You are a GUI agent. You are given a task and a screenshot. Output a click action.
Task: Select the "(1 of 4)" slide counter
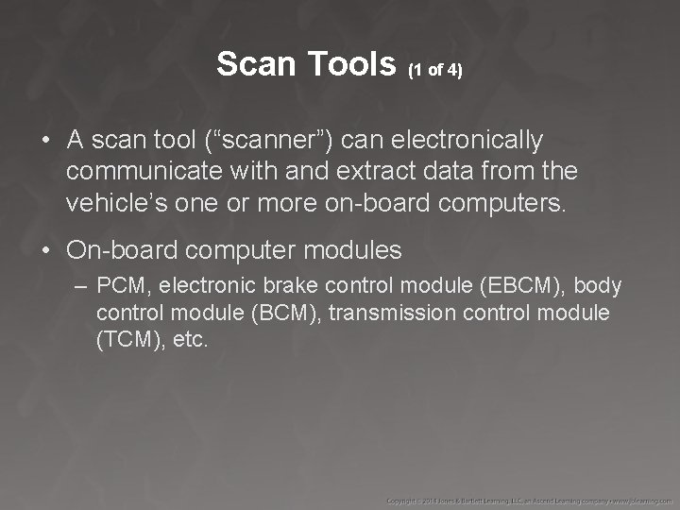click(x=434, y=69)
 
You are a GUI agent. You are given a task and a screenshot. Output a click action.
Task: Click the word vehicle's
click(x=114, y=203)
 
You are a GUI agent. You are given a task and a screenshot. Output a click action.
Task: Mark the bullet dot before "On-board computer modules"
click(x=45, y=251)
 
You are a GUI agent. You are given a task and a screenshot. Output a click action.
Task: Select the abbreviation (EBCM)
click(x=531, y=285)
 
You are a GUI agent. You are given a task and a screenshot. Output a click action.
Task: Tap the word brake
click(x=291, y=285)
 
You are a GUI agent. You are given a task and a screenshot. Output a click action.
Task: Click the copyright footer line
click(x=529, y=498)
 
